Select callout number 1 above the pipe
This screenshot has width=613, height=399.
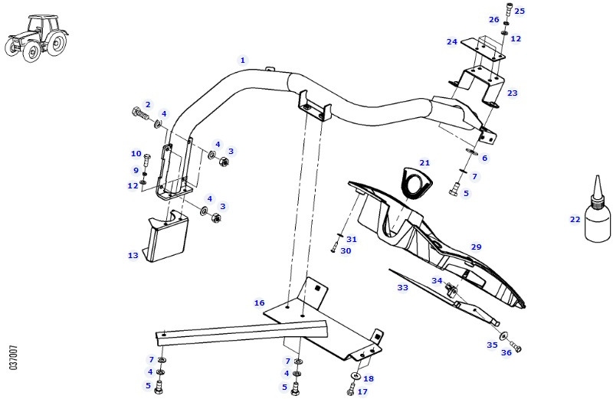point(243,60)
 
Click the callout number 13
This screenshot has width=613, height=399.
point(133,256)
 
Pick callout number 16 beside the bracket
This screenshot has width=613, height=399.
point(260,303)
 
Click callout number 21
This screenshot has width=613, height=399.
point(425,162)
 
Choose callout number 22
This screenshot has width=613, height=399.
point(575,218)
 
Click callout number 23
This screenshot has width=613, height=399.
point(512,93)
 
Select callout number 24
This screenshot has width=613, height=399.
point(452,41)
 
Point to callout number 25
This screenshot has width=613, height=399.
point(520,11)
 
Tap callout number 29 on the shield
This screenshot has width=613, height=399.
point(476,247)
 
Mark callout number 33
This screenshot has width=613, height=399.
point(402,287)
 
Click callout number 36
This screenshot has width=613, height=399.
point(506,353)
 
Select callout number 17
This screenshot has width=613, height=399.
point(362,391)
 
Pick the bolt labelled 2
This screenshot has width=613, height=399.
point(141,113)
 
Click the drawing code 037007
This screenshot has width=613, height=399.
point(14,357)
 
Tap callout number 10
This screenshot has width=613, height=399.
point(136,153)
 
